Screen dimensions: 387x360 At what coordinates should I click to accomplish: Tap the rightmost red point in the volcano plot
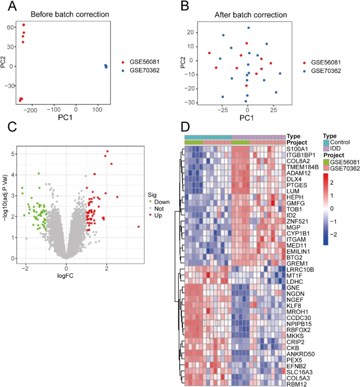click(138, 227)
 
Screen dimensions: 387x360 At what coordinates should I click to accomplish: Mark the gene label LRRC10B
click(300, 269)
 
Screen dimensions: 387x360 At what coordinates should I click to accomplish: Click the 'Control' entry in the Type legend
click(341, 142)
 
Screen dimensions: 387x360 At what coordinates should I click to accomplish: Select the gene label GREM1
click(297, 263)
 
